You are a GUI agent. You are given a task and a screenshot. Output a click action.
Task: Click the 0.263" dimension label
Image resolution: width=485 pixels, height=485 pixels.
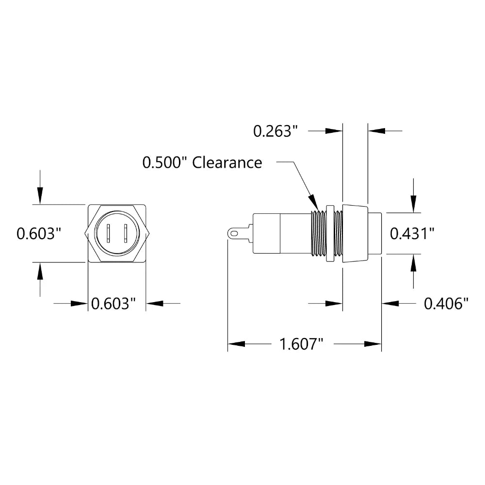pos(275,131)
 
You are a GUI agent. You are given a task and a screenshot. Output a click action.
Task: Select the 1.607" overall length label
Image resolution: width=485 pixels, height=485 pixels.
pos(301,344)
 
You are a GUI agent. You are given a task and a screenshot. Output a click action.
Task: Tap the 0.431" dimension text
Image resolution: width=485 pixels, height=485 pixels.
pos(412,234)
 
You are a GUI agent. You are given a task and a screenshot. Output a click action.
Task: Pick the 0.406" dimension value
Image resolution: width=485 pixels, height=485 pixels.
pos(446,304)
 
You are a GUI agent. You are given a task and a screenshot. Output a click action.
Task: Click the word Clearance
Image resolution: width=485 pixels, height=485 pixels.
pos(227,162)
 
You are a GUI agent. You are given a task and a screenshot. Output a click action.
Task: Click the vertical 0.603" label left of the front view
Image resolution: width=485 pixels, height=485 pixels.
pos(39,234)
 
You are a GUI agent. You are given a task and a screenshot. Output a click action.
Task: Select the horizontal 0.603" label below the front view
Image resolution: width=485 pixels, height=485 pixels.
pos(113,304)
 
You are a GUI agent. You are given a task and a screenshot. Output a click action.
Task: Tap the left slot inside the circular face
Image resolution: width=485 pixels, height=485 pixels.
pos(108,233)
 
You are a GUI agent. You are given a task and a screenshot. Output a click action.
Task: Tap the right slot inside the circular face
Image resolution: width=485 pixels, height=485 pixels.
pos(125,233)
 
